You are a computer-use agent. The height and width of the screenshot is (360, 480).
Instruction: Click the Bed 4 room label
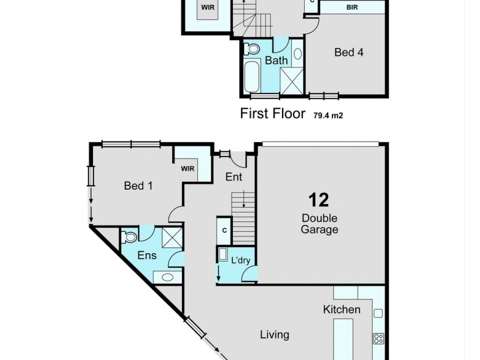349,52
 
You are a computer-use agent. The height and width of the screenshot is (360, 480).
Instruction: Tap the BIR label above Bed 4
353,7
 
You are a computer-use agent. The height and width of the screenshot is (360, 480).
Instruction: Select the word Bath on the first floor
277,61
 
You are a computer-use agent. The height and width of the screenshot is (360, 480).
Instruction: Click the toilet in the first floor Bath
253,49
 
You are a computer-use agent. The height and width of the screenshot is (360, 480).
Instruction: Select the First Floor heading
273,113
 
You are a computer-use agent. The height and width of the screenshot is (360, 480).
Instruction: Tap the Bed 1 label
138,186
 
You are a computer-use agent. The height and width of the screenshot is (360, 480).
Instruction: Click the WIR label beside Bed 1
189,169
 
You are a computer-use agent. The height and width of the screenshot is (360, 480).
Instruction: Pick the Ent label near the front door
233,177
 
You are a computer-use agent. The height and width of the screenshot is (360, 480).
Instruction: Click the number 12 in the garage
319,200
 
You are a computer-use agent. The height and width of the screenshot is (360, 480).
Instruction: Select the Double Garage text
320,223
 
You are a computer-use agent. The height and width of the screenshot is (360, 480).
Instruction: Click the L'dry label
240,260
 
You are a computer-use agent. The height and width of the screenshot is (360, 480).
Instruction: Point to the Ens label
147,256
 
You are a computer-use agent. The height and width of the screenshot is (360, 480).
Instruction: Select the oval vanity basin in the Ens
167,278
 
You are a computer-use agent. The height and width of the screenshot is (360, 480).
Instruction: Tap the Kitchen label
342,310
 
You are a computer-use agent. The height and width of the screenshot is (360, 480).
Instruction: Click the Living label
274,335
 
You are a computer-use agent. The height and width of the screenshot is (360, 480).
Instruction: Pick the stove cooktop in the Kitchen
378,338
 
